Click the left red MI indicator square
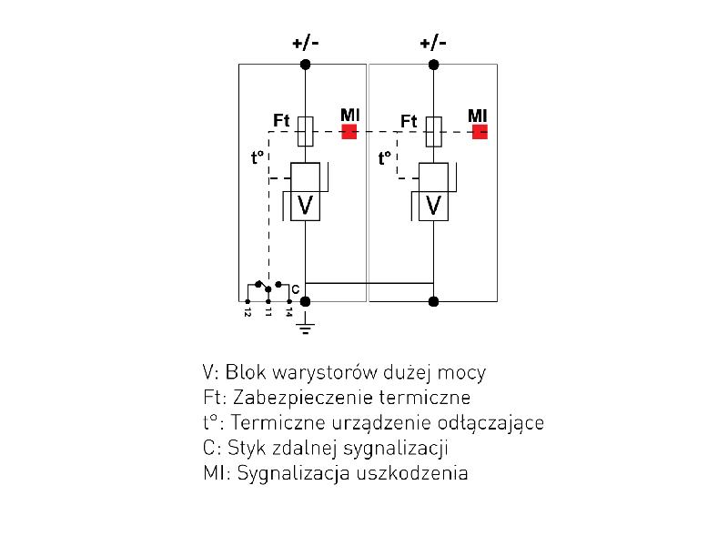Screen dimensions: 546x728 pyautogui.click(x=349, y=131)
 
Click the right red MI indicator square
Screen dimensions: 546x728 pyautogui.click(x=480, y=131)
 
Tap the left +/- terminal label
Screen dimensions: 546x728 pyautogui.click(x=305, y=43)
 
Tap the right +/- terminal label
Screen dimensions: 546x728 pyautogui.click(x=433, y=43)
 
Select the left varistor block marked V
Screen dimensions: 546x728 pyautogui.click(x=306, y=206)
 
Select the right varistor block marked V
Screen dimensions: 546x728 pyautogui.click(x=434, y=206)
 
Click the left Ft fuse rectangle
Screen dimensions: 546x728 pyautogui.click(x=306, y=131)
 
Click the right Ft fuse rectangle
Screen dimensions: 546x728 pyautogui.click(x=434, y=131)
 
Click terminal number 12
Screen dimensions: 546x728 pyautogui.click(x=248, y=311)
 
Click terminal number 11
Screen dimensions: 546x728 pyautogui.click(x=268, y=311)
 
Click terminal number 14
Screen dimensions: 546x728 pyautogui.click(x=289, y=311)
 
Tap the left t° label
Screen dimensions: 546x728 pyautogui.click(x=258, y=157)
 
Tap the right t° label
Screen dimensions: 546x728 pyautogui.click(x=385, y=157)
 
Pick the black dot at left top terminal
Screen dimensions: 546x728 pyautogui.click(x=306, y=64)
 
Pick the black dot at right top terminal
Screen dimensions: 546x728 pyautogui.click(x=434, y=64)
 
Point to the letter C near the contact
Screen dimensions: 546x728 pyautogui.click(x=295, y=288)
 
